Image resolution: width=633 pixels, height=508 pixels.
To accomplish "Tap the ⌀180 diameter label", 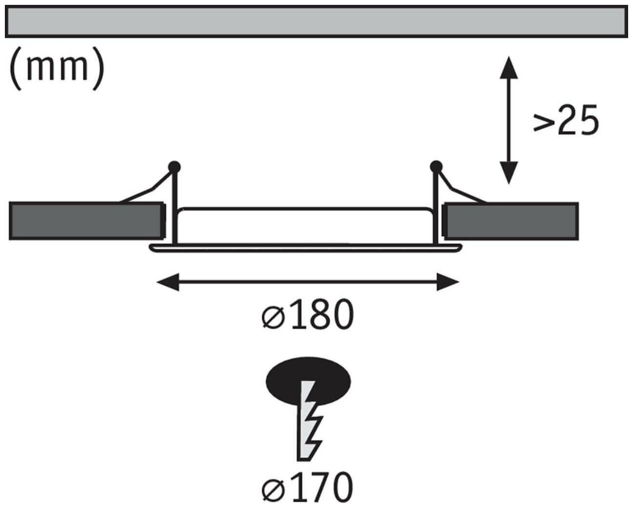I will click(307, 315).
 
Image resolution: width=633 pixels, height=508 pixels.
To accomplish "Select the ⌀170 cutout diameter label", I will click(307, 486).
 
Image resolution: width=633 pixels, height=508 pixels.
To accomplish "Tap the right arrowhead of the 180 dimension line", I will click(447, 282).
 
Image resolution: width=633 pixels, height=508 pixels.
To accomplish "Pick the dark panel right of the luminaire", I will click(511, 221).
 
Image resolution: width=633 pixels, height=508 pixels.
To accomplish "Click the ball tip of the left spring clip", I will click(174, 167).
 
